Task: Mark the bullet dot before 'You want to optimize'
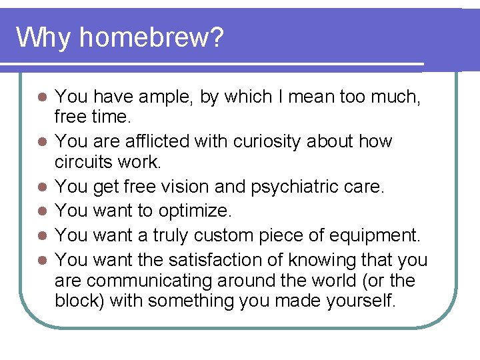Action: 41,212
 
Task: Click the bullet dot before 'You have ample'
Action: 41,98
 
